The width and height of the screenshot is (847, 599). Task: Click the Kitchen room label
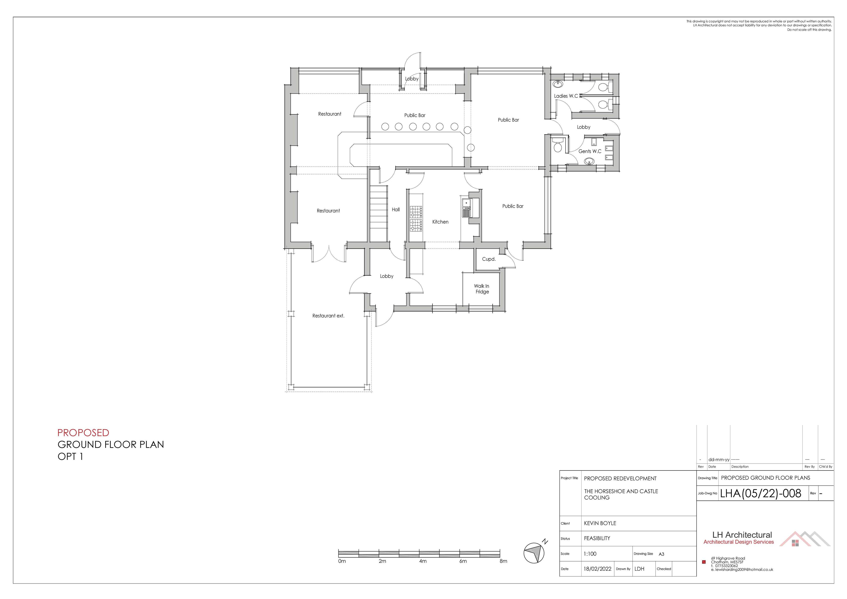point(440,222)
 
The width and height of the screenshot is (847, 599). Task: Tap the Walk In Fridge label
point(482,289)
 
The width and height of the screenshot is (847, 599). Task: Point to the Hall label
point(396,209)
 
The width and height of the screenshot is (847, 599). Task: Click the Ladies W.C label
point(566,96)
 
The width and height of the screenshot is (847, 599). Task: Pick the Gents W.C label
point(590,151)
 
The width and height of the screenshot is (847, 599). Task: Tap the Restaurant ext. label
point(328,316)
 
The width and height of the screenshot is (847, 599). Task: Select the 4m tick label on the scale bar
point(423,561)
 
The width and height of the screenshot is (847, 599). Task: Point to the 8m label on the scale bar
point(503,561)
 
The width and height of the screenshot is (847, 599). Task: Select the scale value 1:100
point(590,554)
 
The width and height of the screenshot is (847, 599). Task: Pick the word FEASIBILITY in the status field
point(597,538)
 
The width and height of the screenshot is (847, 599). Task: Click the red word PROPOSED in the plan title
point(83,433)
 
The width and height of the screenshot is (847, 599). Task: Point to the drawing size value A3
point(661,554)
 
